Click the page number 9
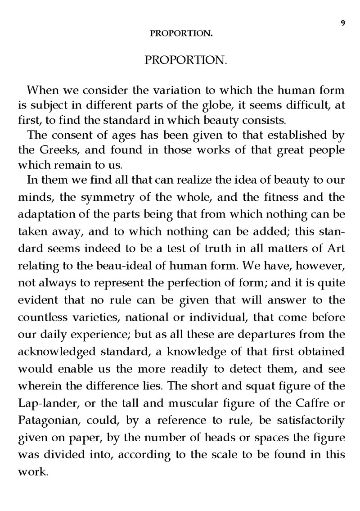point(343,24)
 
